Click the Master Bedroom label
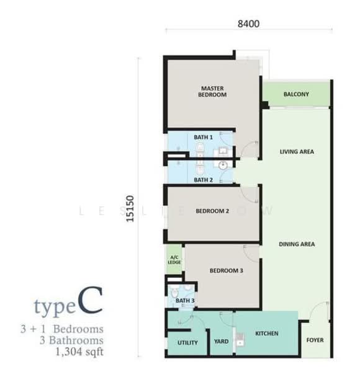point(212,91)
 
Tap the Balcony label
point(296,94)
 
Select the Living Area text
point(296,151)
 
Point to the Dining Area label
point(296,244)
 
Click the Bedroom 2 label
point(212,211)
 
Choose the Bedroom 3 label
point(226,270)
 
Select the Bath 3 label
point(185,301)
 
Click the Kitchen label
point(266,334)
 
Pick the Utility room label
point(187,342)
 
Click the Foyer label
point(315,340)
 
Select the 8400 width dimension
point(248,24)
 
